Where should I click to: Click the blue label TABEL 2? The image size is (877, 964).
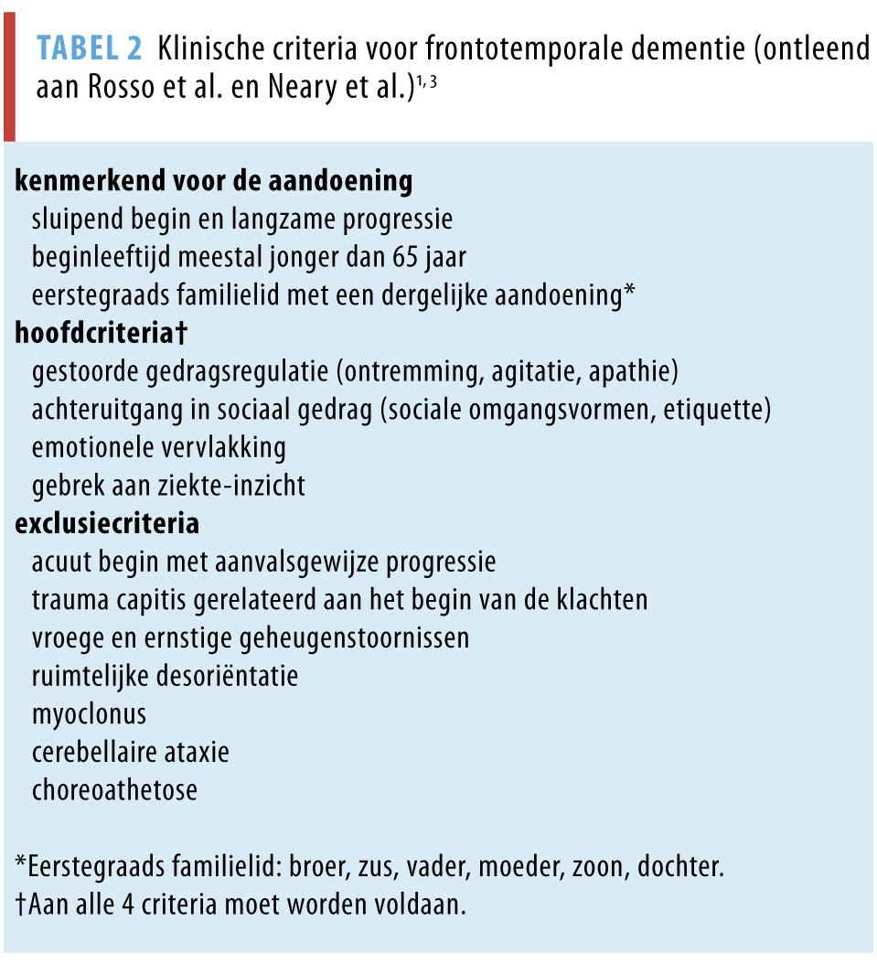point(91,49)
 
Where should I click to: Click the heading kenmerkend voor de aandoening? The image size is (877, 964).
point(214,181)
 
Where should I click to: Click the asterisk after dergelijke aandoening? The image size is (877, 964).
point(629,293)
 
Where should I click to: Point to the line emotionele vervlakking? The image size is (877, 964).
point(158,448)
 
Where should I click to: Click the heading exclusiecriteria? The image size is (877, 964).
point(107,524)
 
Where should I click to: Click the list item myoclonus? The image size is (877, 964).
point(89,714)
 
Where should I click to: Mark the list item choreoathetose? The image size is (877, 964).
point(114,790)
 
